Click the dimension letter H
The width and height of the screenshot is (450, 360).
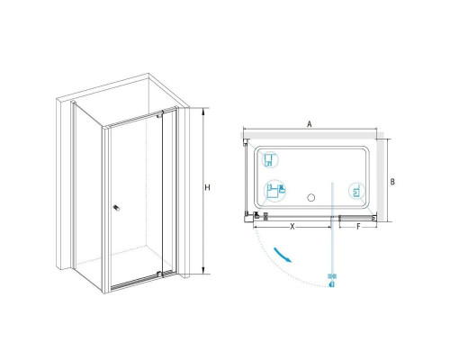point(207,187)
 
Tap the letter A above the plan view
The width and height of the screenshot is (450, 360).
point(310,124)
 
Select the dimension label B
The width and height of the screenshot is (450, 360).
point(392,182)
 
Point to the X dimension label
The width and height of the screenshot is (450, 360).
point(292,227)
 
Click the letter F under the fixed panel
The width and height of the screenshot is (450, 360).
point(358,227)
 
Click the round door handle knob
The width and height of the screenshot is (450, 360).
point(116,208)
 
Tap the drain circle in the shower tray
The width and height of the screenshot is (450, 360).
point(311,198)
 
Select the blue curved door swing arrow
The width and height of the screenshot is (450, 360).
point(283,255)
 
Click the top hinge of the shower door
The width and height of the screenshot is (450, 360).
point(160,114)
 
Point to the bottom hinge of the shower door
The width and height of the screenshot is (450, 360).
point(160,274)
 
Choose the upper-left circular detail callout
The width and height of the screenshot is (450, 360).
point(270,159)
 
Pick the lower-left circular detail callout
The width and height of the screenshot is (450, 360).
point(274,191)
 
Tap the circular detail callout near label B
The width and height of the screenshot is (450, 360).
point(356,191)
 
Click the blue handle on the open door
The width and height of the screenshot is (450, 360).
point(332,280)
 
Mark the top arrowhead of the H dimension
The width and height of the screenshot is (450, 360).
point(203,112)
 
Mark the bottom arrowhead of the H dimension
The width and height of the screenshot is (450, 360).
point(203,270)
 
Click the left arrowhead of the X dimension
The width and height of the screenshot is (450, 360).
point(256,227)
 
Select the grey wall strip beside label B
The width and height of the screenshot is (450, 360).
point(380,178)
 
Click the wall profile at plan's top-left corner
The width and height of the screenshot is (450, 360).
point(246,142)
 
